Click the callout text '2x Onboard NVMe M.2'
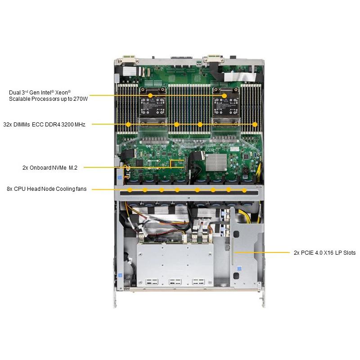(x=50, y=167)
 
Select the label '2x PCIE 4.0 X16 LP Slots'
(x=324, y=253)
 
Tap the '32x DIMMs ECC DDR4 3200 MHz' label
(x=44, y=125)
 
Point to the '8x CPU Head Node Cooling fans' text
(x=47, y=189)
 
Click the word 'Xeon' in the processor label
(x=62, y=93)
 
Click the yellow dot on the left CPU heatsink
(x=150, y=95)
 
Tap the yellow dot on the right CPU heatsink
(x=224, y=95)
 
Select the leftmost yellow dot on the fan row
(x=130, y=190)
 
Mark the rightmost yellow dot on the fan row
(x=244, y=190)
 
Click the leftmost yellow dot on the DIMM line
(x=128, y=125)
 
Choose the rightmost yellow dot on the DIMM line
(x=255, y=125)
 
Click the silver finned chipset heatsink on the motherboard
(x=216, y=162)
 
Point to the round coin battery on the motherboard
(x=245, y=171)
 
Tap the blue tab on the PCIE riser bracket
(x=239, y=268)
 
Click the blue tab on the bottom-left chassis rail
(x=120, y=275)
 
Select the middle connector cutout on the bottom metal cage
(x=175, y=282)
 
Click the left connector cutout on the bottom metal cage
(x=152, y=282)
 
